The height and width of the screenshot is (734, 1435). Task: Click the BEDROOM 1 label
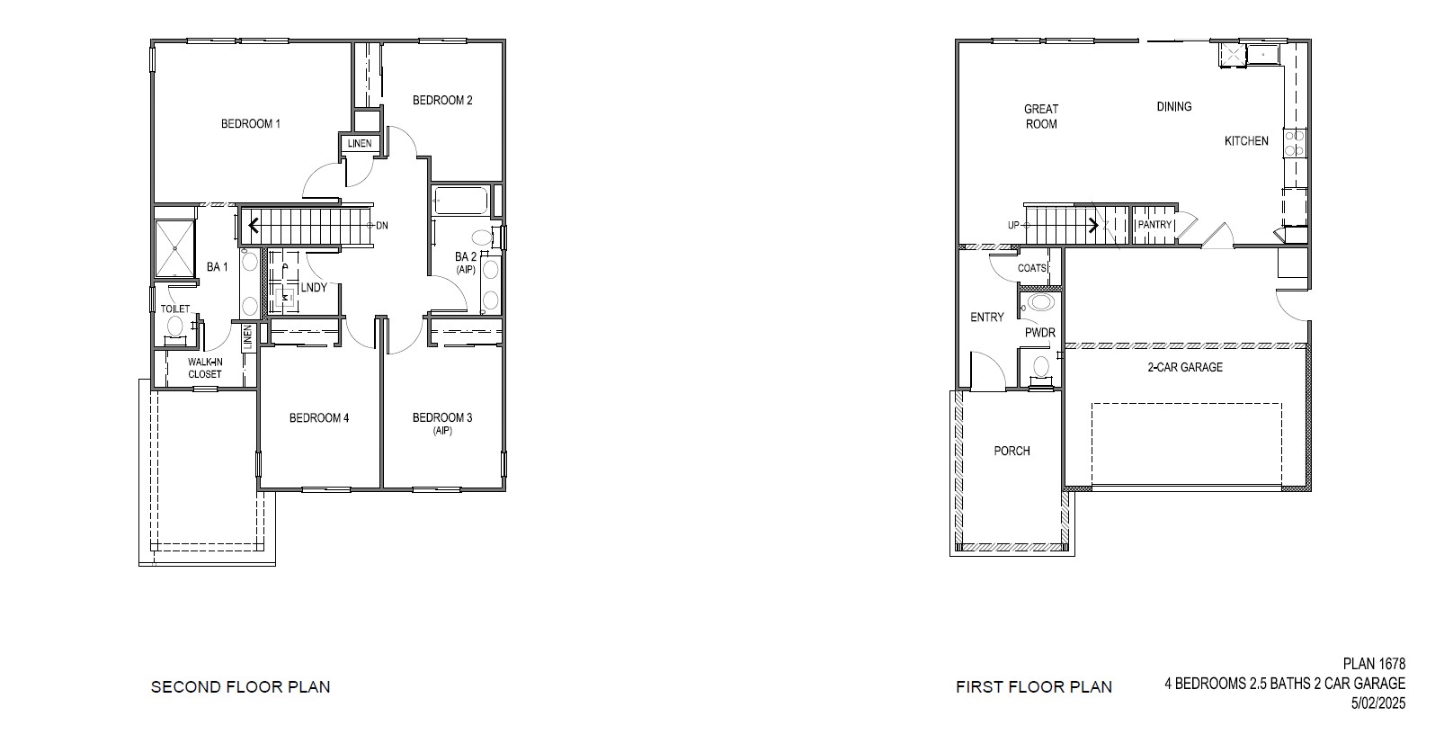(x=251, y=124)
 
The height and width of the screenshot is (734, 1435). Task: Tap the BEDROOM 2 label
(x=442, y=101)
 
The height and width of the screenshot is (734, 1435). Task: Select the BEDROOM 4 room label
(x=318, y=418)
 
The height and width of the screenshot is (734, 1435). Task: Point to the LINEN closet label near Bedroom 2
(x=360, y=144)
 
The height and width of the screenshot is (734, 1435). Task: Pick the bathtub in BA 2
(x=459, y=201)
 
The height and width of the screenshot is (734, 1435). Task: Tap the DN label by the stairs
(x=382, y=226)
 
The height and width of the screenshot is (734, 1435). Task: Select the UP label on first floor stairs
(x=1013, y=226)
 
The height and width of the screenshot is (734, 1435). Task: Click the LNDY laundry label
(x=314, y=288)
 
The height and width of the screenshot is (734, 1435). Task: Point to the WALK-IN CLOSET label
(x=205, y=369)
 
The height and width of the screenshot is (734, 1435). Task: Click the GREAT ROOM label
(x=1041, y=117)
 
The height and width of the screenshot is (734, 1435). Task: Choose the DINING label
(x=1173, y=107)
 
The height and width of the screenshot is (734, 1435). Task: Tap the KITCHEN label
(x=1246, y=141)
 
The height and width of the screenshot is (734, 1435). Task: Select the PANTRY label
(x=1154, y=225)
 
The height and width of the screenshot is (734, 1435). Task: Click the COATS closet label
(x=1032, y=268)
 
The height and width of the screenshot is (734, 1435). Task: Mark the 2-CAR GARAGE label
(x=1184, y=367)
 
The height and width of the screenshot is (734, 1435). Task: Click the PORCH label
(x=1012, y=452)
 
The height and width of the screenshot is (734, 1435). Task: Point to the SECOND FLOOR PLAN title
(x=240, y=687)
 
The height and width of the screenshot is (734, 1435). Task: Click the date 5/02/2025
(x=1377, y=703)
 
